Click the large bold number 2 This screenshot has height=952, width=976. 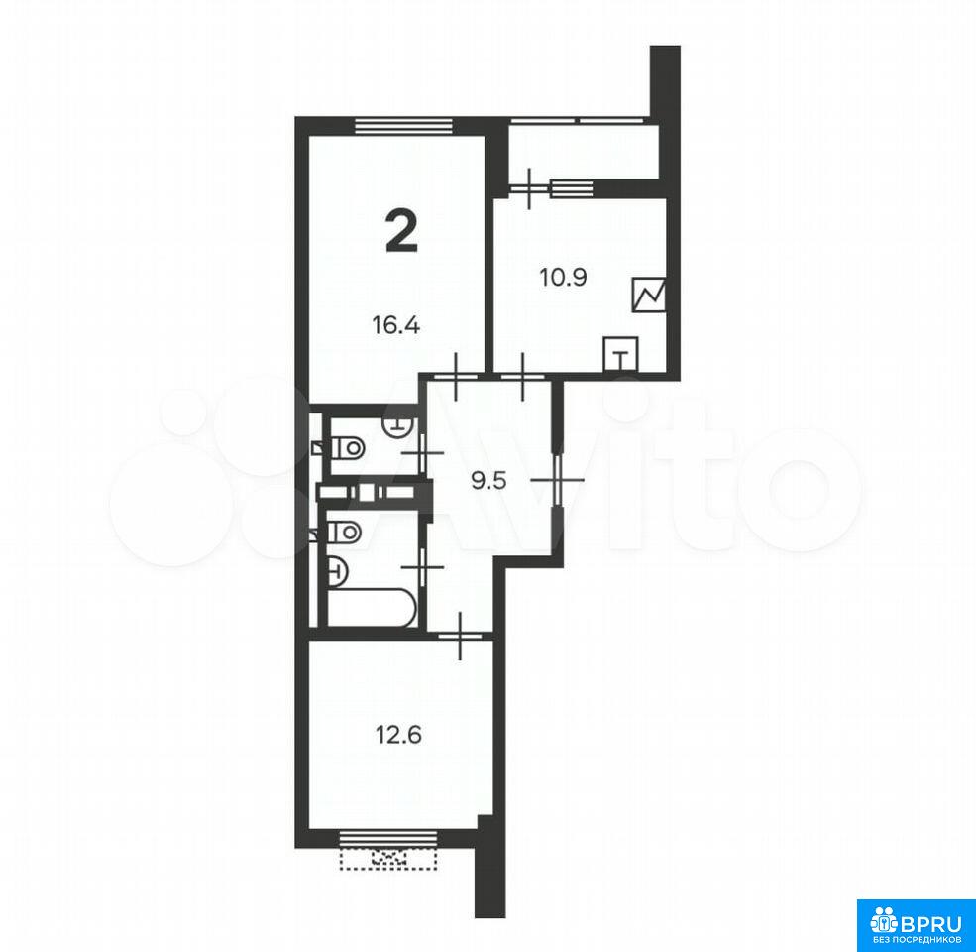click(x=401, y=231)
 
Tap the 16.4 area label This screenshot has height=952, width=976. click(x=396, y=325)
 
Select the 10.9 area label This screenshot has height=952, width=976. click(x=564, y=277)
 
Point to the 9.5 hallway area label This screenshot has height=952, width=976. click(x=489, y=481)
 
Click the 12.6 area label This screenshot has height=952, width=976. click(x=398, y=735)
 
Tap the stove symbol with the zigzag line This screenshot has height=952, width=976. click(x=649, y=295)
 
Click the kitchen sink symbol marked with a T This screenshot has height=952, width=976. click(x=620, y=354)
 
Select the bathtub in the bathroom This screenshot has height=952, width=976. click(x=372, y=608)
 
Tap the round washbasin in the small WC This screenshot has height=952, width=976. click(x=399, y=425)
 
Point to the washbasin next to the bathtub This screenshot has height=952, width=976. click(x=337, y=570)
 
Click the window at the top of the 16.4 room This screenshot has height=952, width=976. click(x=403, y=126)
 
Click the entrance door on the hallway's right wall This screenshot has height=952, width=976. click(x=558, y=480)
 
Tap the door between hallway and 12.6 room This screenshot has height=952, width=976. click(x=460, y=636)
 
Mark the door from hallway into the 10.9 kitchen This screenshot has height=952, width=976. click(x=523, y=376)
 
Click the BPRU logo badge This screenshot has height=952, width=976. click(x=917, y=925)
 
